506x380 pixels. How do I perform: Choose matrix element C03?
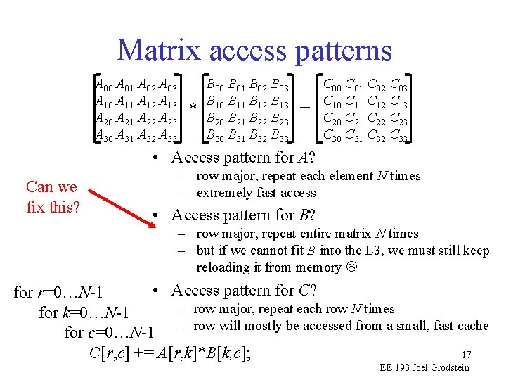tap(398, 87)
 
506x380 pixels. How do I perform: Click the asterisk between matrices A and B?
tap(193, 108)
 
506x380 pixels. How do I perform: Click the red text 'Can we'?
tap(51, 187)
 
